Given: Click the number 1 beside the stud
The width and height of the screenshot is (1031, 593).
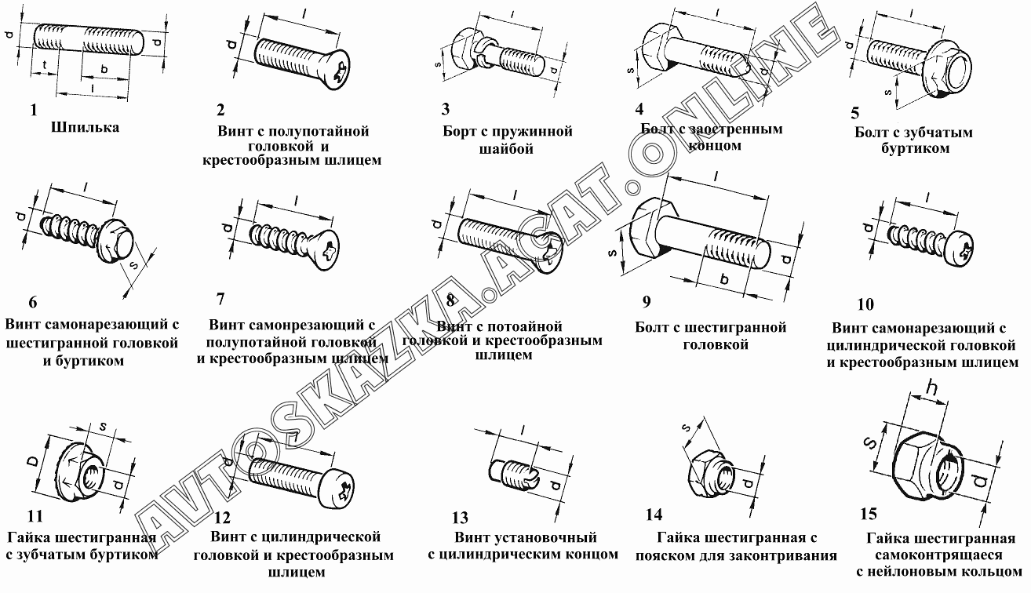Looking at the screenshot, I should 34,111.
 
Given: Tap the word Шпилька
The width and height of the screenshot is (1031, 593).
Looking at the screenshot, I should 85,127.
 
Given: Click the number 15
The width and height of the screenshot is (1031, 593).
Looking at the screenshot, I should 868,515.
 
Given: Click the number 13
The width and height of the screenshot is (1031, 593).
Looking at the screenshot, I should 460,518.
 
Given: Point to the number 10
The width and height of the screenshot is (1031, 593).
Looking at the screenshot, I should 865,304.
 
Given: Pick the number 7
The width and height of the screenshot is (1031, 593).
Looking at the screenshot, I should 220,299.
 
